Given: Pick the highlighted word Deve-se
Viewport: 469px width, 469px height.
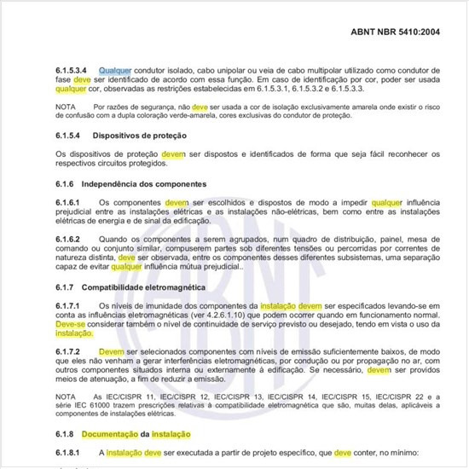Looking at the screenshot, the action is (x=70, y=325).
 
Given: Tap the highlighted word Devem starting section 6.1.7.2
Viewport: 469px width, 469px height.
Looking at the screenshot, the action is (x=112, y=351).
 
